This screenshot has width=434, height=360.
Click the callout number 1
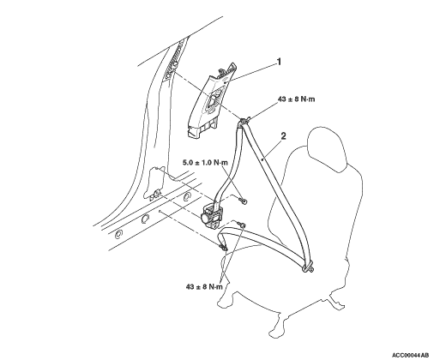click(279, 62)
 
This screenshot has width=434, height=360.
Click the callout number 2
click(283, 135)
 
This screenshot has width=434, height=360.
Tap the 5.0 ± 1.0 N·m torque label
click(205, 163)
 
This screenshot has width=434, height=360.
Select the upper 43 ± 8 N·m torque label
click(296, 99)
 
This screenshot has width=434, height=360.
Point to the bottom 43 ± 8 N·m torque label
click(204, 286)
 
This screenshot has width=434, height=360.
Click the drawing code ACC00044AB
click(410, 355)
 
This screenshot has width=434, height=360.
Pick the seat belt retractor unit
click(211, 215)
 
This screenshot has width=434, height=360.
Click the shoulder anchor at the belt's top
click(243, 121)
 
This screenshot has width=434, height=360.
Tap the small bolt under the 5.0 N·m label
click(244, 201)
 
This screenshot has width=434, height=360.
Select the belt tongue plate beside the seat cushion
click(308, 267)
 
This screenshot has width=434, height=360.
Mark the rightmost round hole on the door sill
click(187, 196)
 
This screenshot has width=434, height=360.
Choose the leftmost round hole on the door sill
click(118, 235)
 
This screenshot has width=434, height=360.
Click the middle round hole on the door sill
click(145, 219)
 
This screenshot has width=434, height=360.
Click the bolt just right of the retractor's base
click(241, 225)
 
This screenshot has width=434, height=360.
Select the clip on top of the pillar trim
click(221, 70)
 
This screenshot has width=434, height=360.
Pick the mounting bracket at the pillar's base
click(154, 195)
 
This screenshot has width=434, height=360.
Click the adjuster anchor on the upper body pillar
click(173, 63)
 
